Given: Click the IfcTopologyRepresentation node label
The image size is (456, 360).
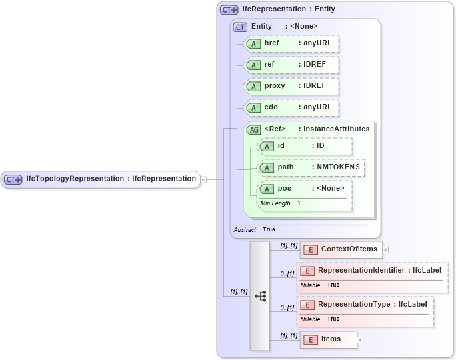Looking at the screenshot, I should [x=111, y=179].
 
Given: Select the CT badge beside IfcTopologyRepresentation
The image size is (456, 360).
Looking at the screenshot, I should [x=13, y=179].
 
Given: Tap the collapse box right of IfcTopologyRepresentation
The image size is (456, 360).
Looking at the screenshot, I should [x=204, y=179].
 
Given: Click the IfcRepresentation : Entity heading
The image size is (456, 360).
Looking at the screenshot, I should [x=288, y=9].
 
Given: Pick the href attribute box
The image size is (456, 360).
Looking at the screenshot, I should [x=292, y=43].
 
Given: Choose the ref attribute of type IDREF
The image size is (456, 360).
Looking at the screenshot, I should [x=292, y=65].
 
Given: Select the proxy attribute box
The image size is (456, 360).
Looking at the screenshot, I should [x=292, y=86].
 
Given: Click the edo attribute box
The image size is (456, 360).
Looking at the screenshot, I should [x=292, y=107].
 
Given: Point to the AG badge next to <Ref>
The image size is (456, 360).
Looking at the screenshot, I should [x=254, y=129].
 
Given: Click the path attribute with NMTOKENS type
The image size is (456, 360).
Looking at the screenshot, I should [x=311, y=167].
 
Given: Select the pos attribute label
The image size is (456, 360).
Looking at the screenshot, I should [x=285, y=188].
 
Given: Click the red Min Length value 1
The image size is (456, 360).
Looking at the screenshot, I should [x=299, y=203].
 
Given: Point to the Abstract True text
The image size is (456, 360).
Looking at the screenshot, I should [x=254, y=229].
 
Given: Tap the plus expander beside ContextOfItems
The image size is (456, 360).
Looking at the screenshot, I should [x=385, y=250].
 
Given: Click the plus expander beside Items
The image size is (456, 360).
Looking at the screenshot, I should [x=360, y=339].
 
